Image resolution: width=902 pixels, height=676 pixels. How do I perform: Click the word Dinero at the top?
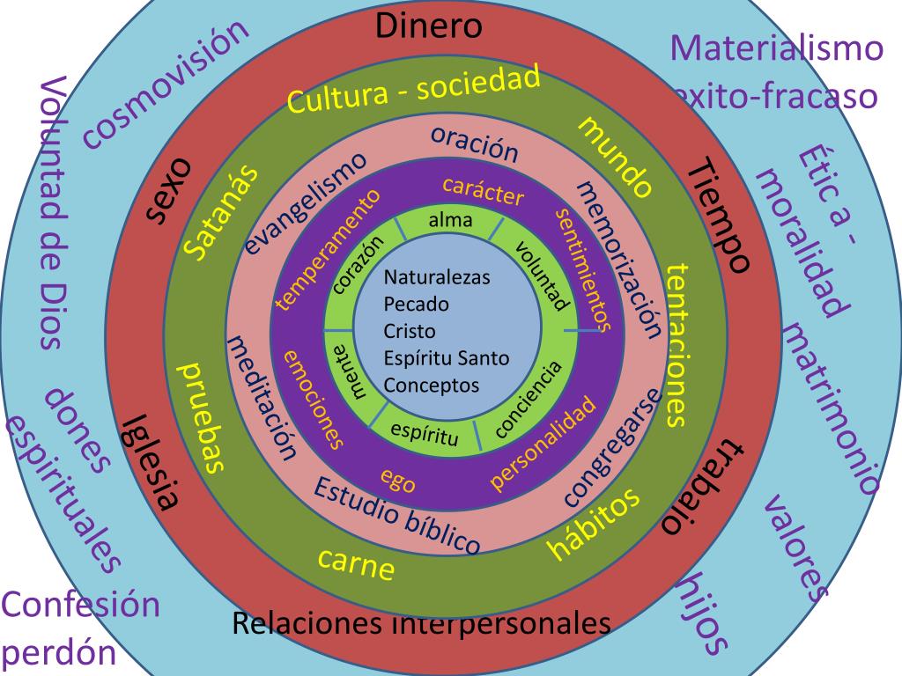coord(429,26)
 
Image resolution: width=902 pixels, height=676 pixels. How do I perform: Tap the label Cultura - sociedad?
coord(414,91)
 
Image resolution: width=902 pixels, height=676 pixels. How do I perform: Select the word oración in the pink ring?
coord(474,143)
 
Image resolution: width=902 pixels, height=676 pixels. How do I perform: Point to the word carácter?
coord(483,191)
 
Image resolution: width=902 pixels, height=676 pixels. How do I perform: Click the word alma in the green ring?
coord(450,220)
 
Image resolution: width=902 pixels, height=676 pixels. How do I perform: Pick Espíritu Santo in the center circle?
coord(446,358)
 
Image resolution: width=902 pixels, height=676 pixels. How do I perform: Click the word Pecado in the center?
coord(416,305)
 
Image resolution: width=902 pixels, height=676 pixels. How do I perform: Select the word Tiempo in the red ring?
coord(717,216)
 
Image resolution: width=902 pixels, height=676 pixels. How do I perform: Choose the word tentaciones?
coord(676,344)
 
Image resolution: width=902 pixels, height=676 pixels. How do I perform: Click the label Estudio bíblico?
coord(396,515)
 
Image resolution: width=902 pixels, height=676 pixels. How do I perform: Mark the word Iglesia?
coord(152,461)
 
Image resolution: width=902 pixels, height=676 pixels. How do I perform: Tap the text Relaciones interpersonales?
coord(421,623)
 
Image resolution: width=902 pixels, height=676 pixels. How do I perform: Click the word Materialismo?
coord(776,48)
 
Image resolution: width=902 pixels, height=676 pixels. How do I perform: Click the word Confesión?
coord(80,606)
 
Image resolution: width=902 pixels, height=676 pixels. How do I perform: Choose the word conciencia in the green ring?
coord(528,400)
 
